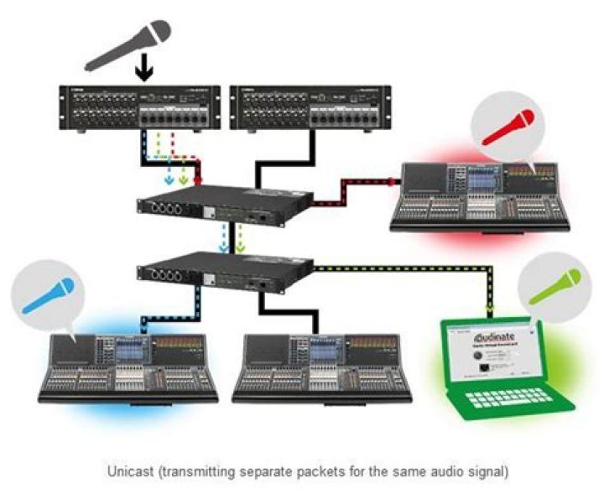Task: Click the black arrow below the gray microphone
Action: [145, 70]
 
